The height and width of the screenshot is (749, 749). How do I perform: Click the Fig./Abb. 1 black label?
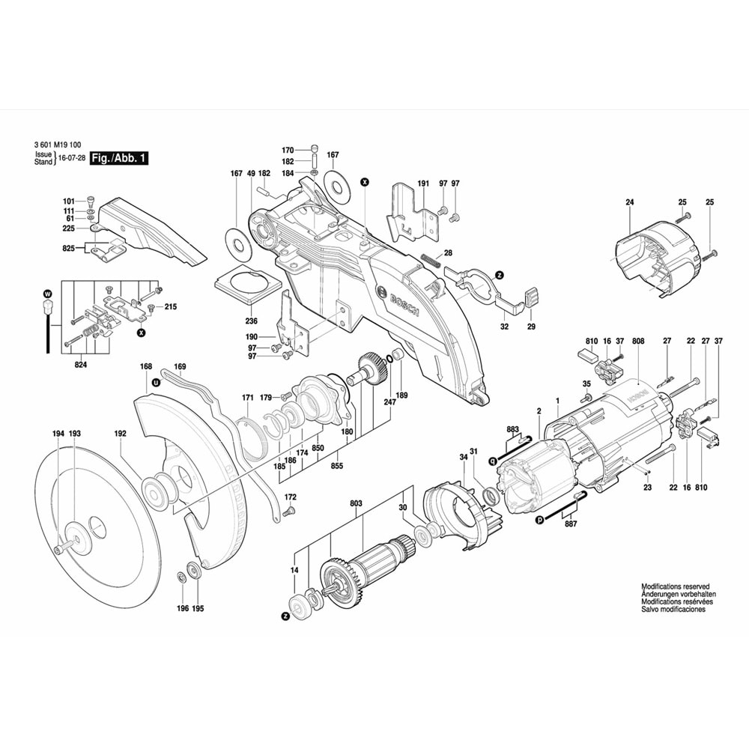[x=118, y=158]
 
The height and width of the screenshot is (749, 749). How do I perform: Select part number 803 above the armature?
[x=356, y=504]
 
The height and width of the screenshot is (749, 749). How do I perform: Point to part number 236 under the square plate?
[x=252, y=321]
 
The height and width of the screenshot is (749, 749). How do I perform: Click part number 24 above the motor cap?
[x=629, y=203]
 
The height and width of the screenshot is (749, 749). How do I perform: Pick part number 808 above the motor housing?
[x=638, y=342]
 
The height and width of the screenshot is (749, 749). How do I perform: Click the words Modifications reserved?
[x=675, y=586]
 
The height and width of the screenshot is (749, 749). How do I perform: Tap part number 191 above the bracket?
[x=422, y=184]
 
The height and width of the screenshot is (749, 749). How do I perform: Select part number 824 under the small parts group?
[x=80, y=365]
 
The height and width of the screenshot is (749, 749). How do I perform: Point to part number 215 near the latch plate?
[x=170, y=307]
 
